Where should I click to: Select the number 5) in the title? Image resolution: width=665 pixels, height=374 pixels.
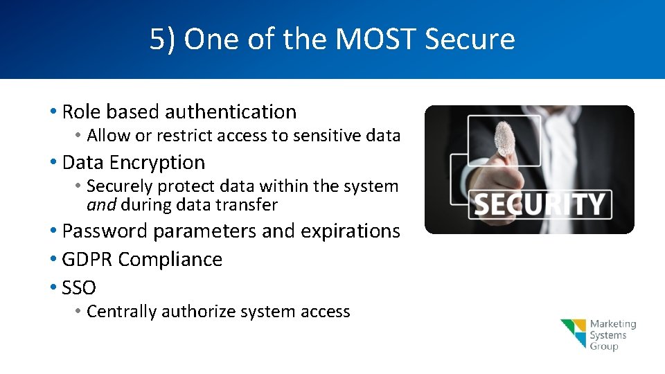pos(163,39)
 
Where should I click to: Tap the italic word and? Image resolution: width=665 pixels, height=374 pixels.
pos(100,205)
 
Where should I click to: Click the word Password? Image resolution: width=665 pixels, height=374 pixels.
pos(105,231)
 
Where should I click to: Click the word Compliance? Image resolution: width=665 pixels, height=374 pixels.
pos(170,259)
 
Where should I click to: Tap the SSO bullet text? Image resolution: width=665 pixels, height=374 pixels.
pos(79,287)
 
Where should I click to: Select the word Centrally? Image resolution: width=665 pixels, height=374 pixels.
pos(122,312)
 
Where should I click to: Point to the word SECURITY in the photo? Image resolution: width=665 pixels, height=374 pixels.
pos(539,205)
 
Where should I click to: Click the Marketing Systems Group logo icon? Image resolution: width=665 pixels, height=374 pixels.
pos(574,333)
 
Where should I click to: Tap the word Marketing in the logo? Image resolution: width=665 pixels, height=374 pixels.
pos(613,324)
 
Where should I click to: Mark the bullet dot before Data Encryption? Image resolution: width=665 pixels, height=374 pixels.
pos(53,163)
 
